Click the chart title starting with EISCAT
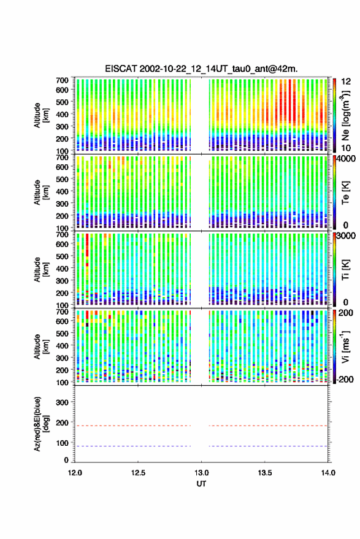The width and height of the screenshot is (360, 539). pyautogui.click(x=202, y=69)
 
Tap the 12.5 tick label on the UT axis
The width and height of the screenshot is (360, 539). pyautogui.click(x=138, y=473)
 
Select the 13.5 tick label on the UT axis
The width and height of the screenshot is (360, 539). pyautogui.click(x=265, y=473)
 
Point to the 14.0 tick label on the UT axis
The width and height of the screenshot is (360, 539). pyautogui.click(x=328, y=473)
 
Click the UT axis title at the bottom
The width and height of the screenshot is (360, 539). pyautogui.click(x=202, y=484)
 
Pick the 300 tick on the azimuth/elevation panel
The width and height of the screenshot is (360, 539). pyautogui.click(x=62, y=402)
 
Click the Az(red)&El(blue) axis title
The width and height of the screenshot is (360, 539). pyautogui.click(x=40, y=424)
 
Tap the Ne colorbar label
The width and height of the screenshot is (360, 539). pyautogui.click(x=345, y=115)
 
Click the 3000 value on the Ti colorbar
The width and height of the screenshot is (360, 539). pyautogui.click(x=346, y=236)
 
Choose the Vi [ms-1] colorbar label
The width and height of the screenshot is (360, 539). pyautogui.click(x=345, y=346)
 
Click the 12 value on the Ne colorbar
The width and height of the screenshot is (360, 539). pyautogui.click(x=346, y=82)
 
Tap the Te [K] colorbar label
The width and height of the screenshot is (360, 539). pyautogui.click(x=345, y=193)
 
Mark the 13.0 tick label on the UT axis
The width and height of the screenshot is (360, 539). pyautogui.click(x=202, y=473)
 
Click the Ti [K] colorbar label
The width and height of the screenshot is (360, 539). pyautogui.click(x=345, y=270)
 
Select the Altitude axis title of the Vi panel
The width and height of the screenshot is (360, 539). pyautogui.click(x=41, y=346)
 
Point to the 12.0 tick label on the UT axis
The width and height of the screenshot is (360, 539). pyautogui.click(x=75, y=473)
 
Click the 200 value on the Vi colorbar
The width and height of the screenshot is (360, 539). pyautogui.click(x=346, y=313)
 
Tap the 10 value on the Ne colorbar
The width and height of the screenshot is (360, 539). pyautogui.click(x=346, y=148)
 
